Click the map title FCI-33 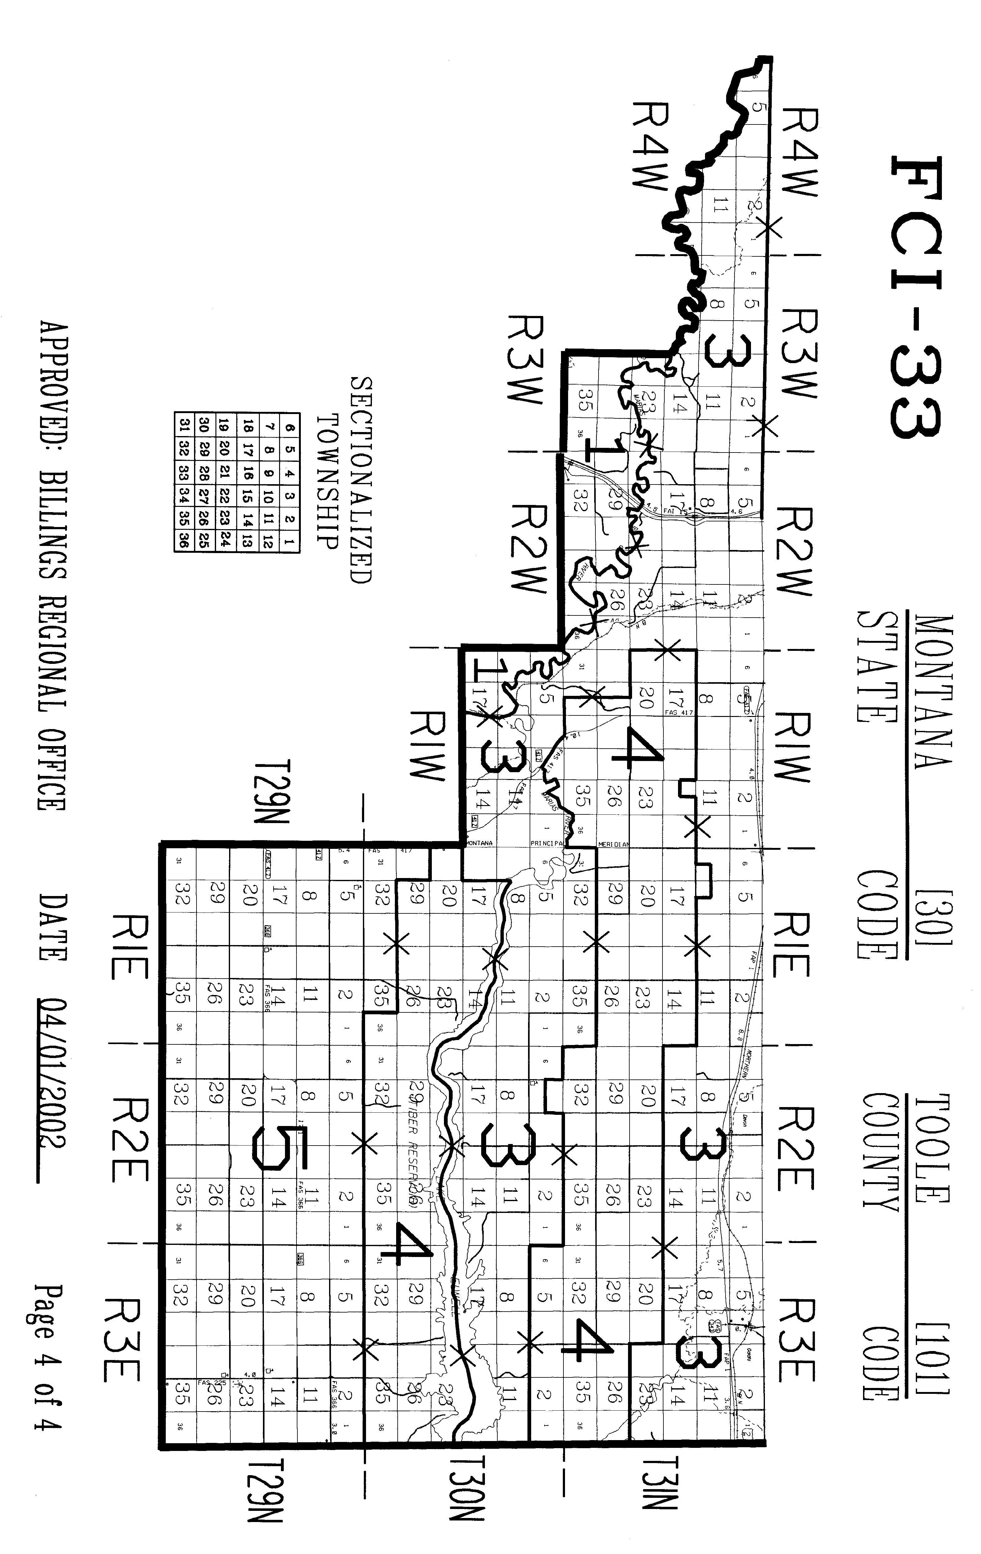pyautogui.click(x=916, y=297)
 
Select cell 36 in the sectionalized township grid pyautogui.click(x=183, y=541)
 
